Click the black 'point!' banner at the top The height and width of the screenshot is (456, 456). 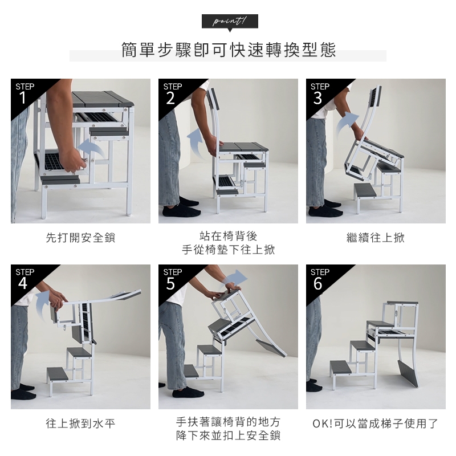[230, 22]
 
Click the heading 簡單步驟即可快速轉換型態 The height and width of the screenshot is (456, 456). [229, 50]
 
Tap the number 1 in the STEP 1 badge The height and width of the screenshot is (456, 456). [23, 98]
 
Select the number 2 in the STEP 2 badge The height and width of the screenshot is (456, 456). [170, 98]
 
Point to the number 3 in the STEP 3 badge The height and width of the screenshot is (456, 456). [317, 98]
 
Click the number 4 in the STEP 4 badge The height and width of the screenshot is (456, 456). [23, 283]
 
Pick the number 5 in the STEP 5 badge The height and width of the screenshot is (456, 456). [170, 283]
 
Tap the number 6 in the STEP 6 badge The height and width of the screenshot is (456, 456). [317, 283]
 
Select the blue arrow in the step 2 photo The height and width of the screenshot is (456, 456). [196, 142]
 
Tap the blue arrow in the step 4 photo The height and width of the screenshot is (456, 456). [43, 303]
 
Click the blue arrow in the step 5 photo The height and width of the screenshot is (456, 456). [235, 278]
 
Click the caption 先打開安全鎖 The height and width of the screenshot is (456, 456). [80, 238]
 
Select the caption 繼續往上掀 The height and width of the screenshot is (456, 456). [376, 238]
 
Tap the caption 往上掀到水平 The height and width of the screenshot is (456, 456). [80, 424]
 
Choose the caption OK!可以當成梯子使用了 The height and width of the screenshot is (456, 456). [376, 424]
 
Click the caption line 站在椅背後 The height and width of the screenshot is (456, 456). [229, 236]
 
